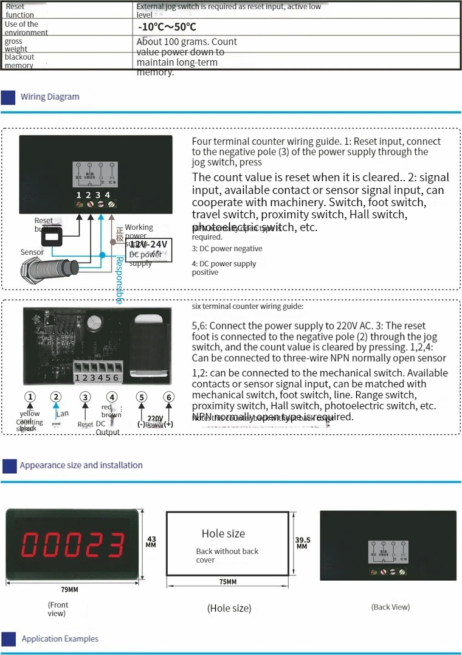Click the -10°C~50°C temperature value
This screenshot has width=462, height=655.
point(167,27)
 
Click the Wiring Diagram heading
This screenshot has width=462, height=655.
point(50,97)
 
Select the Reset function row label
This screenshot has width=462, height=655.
point(19,10)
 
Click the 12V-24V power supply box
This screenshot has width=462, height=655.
point(149,249)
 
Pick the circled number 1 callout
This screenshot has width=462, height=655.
point(29,397)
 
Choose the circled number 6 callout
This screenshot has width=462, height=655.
point(169,397)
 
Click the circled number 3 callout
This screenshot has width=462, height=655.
point(85,397)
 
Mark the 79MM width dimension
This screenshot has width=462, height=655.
point(69,589)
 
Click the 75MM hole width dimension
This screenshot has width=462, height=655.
point(227,582)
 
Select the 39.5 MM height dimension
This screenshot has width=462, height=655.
point(302,542)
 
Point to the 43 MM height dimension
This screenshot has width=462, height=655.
point(151,541)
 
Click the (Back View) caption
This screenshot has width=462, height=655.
point(390,607)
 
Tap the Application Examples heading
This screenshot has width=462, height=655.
point(60,639)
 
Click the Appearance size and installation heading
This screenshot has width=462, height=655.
point(81,465)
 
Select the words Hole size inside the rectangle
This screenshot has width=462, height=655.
point(223,533)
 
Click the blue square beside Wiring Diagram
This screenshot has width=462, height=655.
point(9,97)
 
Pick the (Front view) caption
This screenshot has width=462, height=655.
point(58,609)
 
